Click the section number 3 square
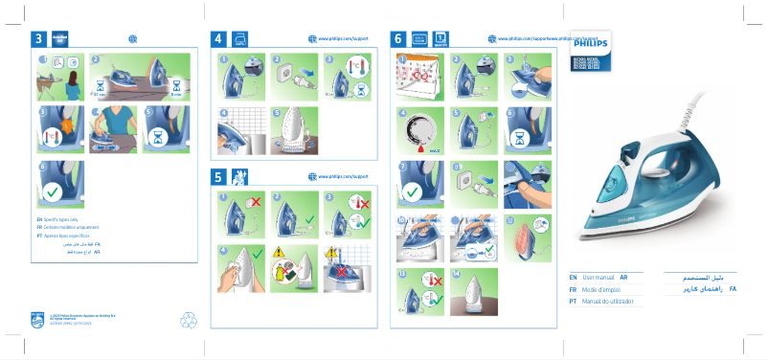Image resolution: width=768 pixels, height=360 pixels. coord(38,39)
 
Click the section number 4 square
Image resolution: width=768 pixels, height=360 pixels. coord(218,39)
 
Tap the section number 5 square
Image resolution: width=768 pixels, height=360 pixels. coord(218,177)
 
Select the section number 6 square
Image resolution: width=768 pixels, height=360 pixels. coord(398,39)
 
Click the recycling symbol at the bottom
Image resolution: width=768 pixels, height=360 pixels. coord(188,320)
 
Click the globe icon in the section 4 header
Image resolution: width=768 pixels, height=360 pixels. coord(312,38)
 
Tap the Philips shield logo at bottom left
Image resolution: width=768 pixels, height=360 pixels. coord(37,318)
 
